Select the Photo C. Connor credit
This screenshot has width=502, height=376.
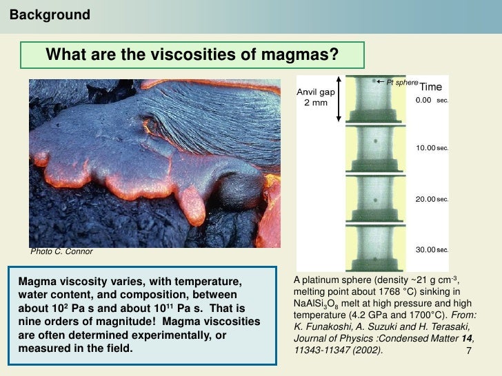[x=61, y=251]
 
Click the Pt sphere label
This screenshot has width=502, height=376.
[x=402, y=83]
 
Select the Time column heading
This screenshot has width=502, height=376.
[x=431, y=87]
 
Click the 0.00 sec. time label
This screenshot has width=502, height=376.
[x=432, y=100]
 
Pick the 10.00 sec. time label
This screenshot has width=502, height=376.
[x=432, y=148]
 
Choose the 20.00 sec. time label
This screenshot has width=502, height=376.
[x=432, y=199]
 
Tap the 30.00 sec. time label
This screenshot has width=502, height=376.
[x=432, y=249]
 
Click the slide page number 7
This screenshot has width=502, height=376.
[x=468, y=352]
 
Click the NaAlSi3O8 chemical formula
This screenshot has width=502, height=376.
[x=319, y=305]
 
